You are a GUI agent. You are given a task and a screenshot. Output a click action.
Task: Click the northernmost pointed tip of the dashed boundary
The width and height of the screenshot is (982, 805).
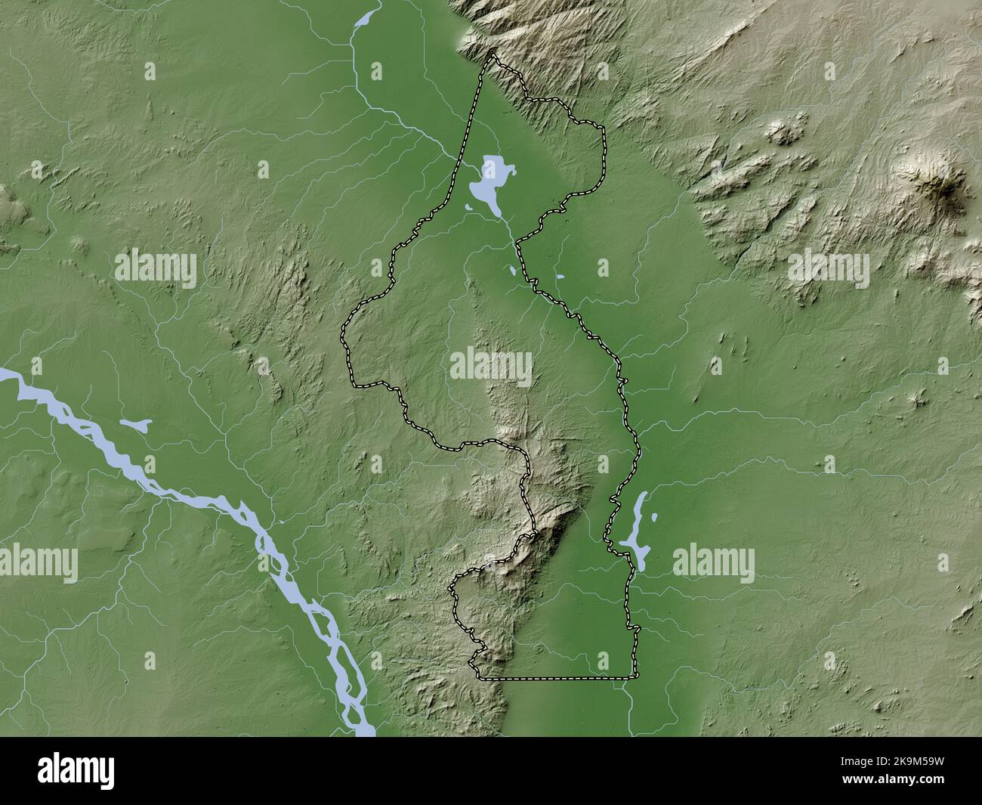493,55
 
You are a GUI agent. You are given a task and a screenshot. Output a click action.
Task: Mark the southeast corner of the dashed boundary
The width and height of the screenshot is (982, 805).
635,677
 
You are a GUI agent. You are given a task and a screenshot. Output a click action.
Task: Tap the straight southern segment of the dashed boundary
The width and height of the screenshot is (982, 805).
559,678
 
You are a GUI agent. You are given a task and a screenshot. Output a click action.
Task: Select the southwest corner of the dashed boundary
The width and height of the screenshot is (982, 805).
480,675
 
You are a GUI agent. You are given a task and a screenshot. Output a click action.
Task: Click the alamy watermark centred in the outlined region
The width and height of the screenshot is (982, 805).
491,366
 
